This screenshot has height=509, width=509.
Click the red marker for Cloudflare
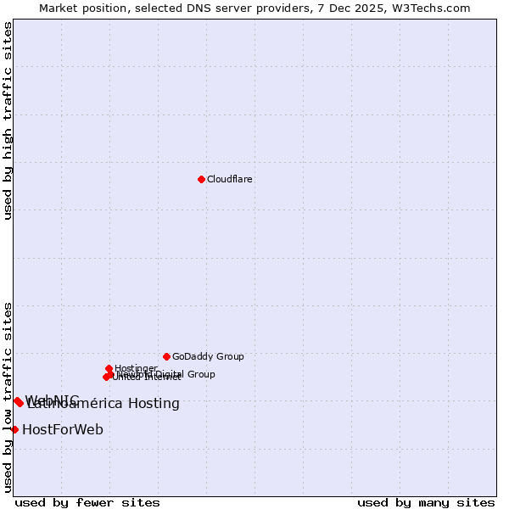point(201,179)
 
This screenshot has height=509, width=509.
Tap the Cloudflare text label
point(230,179)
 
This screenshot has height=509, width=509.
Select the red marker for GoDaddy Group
point(166,356)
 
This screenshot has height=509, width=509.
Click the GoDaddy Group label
point(208,356)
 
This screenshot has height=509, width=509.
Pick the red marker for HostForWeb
point(14,429)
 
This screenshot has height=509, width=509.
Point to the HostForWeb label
point(63,430)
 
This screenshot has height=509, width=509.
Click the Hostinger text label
point(136,368)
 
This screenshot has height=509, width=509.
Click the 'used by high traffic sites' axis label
point(8,120)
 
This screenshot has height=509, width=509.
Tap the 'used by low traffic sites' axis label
point(8,397)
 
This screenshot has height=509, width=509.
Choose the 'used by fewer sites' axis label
point(87,502)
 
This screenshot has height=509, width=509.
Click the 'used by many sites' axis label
point(426,502)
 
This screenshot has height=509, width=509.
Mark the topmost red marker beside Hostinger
point(109,368)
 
